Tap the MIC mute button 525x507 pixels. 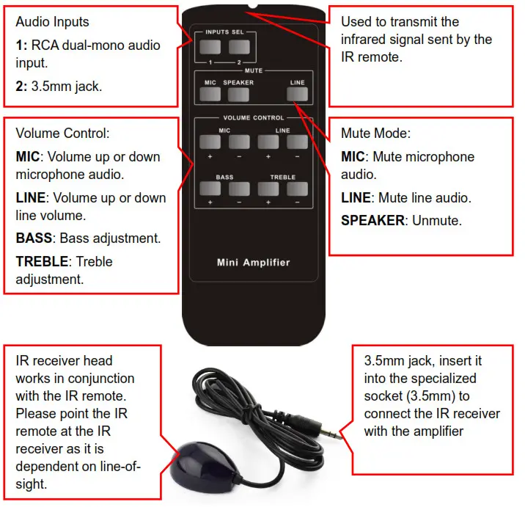(x=210, y=94)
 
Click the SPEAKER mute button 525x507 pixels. (x=238, y=94)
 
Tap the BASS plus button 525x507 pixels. (x=210, y=189)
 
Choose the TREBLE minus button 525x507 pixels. (x=297, y=189)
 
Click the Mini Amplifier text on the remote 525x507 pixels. (x=253, y=262)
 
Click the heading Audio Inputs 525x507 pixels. (x=52, y=23)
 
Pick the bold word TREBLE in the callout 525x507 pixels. (x=42, y=262)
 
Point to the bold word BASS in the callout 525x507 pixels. (x=34, y=238)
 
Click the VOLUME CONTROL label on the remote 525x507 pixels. (x=253, y=118)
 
